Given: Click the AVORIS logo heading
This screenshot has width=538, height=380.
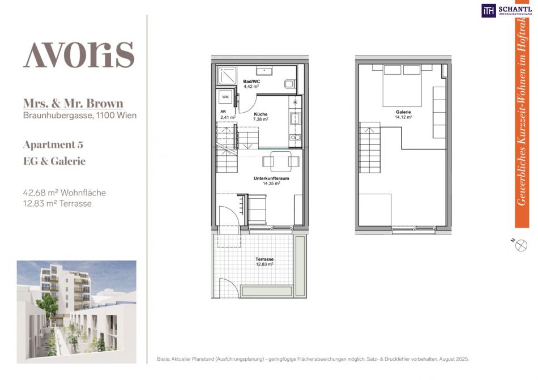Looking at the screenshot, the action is click(79, 55).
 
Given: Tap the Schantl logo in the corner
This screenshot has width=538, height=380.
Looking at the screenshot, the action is click(506, 10).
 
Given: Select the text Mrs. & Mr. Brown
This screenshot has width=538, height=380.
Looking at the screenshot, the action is click(73, 103).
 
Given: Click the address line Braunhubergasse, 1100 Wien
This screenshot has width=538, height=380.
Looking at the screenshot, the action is click(80, 115).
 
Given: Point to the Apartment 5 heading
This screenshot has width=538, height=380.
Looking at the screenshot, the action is click(53, 145).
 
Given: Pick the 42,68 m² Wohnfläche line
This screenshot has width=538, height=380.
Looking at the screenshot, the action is click(64, 193).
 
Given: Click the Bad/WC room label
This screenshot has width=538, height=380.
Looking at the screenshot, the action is click(251, 82).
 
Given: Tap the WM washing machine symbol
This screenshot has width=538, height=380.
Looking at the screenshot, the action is click(225, 97).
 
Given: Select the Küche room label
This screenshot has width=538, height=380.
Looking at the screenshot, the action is click(261, 114).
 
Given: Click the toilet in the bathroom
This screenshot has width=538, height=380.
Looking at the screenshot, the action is click(289, 84).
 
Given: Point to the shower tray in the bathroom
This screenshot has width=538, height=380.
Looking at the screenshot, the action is click(227, 75).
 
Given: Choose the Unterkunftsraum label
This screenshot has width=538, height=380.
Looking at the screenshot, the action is click(271, 178).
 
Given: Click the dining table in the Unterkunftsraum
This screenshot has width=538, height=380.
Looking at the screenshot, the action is click(281, 161).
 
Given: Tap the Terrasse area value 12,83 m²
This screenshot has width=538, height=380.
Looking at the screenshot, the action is click(264, 264).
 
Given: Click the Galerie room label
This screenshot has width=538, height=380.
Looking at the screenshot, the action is click(403, 112).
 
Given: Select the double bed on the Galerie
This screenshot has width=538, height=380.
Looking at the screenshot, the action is click(402, 86).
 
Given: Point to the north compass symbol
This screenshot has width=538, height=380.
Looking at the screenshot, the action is click(520, 245).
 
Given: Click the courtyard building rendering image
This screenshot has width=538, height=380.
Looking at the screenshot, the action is click(76, 311).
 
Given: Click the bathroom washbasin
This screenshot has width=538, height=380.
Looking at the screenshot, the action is click(264, 71).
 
